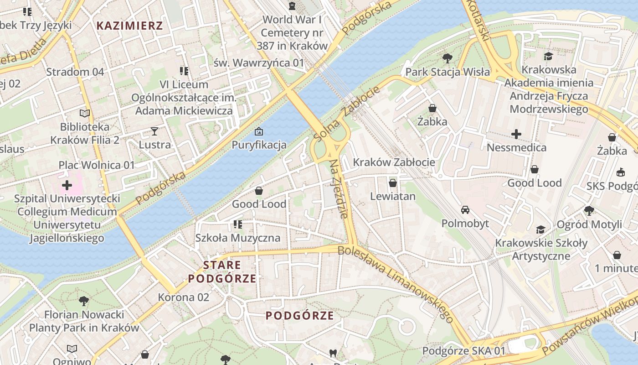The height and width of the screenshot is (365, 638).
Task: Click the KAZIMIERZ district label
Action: [x=129, y=26]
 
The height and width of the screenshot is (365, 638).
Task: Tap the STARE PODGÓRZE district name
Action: [x=222, y=272]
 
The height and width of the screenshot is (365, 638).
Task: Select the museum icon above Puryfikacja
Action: [x=259, y=132]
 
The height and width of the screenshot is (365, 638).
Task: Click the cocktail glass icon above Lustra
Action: [x=154, y=131]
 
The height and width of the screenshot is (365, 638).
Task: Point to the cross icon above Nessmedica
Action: [x=516, y=134]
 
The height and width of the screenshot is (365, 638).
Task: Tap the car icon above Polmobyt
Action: [x=465, y=210]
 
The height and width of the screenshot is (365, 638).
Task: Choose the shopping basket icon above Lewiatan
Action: [x=393, y=183]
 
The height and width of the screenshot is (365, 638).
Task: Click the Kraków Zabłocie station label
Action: [x=394, y=162]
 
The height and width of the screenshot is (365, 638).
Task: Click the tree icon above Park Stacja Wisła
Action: [x=448, y=58]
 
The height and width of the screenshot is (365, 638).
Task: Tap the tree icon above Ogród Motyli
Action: [x=589, y=210]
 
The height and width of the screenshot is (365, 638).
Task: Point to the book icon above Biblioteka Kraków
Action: [x=85, y=113]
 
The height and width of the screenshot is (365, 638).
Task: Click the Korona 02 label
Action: [x=183, y=297]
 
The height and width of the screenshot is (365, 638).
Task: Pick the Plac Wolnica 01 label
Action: [x=97, y=165]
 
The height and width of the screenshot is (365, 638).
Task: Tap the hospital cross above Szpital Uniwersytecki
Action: [x=67, y=185]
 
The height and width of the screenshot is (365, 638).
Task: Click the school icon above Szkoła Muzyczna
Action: [x=237, y=224]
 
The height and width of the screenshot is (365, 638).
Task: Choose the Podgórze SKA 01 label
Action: [x=464, y=351]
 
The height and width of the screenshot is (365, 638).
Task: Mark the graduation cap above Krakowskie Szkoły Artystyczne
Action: [x=541, y=229]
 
